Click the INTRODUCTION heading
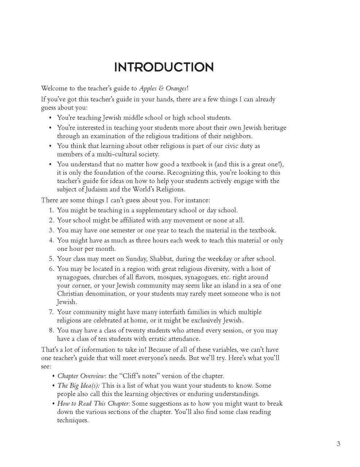164,67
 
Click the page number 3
338,444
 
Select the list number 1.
51,211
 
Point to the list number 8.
51,331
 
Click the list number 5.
51,259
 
